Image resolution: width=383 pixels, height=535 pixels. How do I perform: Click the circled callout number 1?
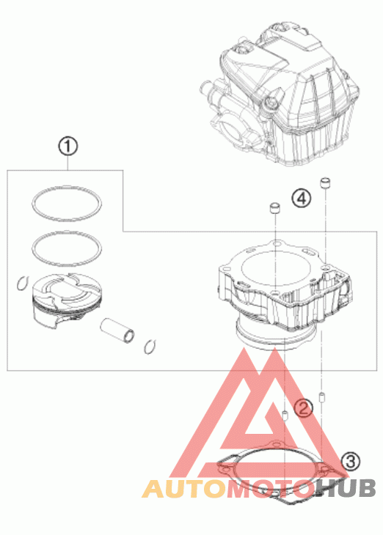(68, 147)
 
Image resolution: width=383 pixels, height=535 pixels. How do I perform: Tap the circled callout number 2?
(304, 407)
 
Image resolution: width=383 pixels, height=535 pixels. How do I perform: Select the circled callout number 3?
(351, 461)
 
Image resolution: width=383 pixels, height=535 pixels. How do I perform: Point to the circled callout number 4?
(302, 198)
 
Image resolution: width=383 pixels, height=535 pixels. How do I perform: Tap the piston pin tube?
(117, 331)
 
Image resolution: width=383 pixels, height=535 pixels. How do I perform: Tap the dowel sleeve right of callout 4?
(325, 182)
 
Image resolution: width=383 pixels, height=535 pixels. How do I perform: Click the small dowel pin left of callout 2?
(285, 416)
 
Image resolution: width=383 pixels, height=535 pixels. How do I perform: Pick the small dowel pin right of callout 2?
(321, 396)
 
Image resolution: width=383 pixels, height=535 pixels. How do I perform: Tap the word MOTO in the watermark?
(271, 489)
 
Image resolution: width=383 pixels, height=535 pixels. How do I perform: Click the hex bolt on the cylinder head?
(271, 103)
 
